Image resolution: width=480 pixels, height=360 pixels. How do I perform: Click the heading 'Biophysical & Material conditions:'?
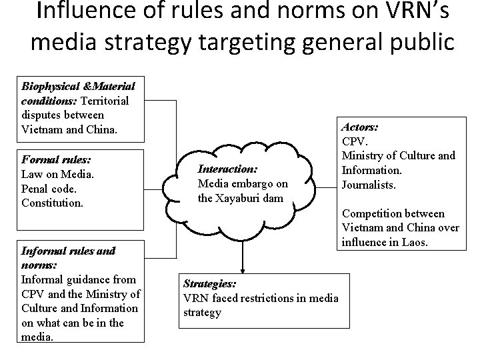click(x=78, y=87)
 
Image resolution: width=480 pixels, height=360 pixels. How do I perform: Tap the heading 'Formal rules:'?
click(x=56, y=161)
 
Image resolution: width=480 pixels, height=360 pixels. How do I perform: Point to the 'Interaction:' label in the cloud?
click(x=227, y=169)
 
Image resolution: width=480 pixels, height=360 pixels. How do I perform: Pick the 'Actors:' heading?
click(x=360, y=127)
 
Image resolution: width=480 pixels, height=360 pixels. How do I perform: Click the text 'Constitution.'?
click(x=53, y=203)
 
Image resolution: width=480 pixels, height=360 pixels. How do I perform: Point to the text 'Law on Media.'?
click(x=57, y=175)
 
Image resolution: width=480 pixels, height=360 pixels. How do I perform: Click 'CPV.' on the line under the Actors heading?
click(x=354, y=141)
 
